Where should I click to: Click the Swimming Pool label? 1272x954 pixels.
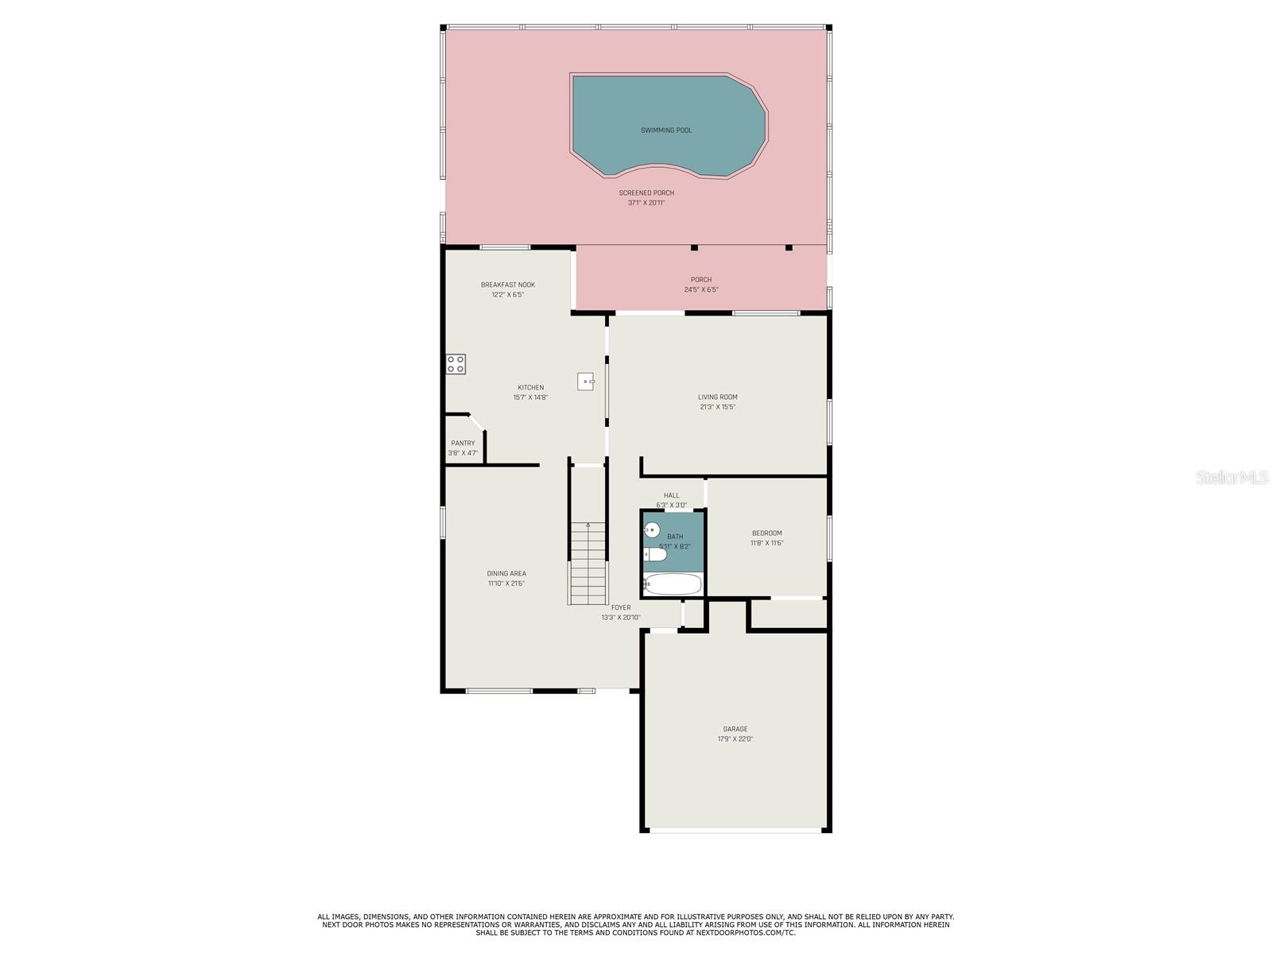pos(666,130)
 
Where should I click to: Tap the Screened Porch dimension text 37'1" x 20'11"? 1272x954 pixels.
pos(646,203)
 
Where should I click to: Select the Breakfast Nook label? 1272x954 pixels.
pos(508,285)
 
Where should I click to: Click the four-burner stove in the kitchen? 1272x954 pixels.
pos(456,364)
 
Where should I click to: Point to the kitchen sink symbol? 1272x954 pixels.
pos(586,381)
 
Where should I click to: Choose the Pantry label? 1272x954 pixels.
pos(463,443)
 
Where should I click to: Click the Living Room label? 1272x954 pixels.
pos(717,397)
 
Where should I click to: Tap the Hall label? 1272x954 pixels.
pos(671,495)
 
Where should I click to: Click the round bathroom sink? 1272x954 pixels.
pos(652,529)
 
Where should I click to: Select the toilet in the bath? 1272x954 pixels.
pos(655,554)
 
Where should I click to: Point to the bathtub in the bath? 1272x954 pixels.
pos(673,584)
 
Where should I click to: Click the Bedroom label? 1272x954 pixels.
pos(766,533)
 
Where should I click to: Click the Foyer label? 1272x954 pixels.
pos(621,607)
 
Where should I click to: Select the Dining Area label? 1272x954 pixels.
pos(506,573)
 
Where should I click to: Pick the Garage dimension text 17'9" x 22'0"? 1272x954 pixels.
pos(735,739)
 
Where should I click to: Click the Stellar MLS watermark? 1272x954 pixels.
pos(1232,477)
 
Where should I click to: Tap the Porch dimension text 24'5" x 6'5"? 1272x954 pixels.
pos(700,289)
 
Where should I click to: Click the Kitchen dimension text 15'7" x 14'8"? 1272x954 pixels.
pos(530,397)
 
